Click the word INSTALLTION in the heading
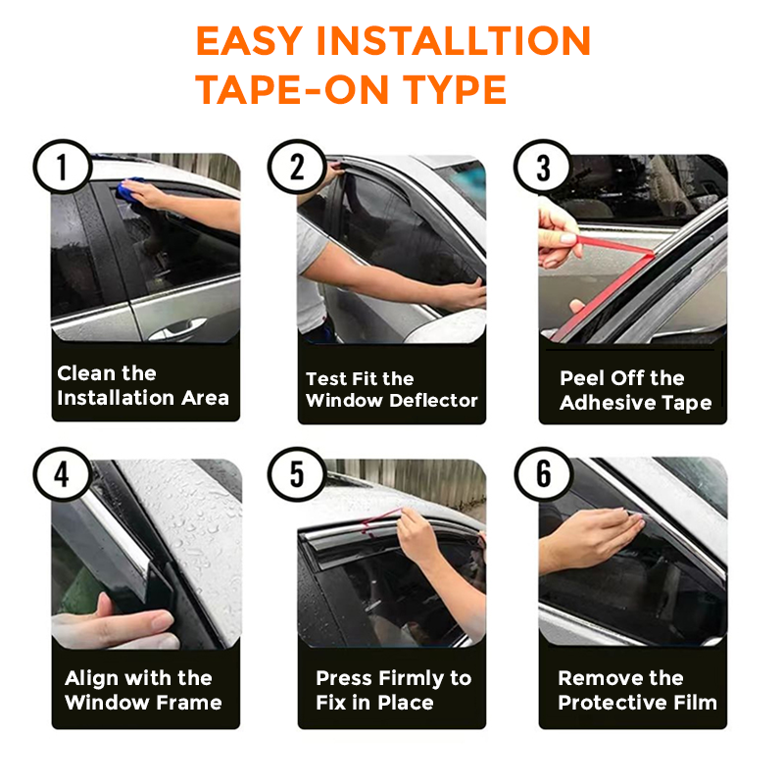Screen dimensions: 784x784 coord(454,41)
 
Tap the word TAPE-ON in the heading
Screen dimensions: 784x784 coord(292,90)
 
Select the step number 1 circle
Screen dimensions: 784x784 coord(63,167)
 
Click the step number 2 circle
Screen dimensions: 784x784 coord(297,167)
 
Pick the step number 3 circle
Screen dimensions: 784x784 coord(543,167)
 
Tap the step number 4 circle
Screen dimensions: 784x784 coord(63,474)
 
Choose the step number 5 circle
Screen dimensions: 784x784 coord(297,474)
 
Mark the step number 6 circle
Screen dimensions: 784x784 coord(543,474)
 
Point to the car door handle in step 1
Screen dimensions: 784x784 coord(178,328)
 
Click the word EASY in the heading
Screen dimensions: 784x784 coord(249,41)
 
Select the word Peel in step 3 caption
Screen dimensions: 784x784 coord(582,378)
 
